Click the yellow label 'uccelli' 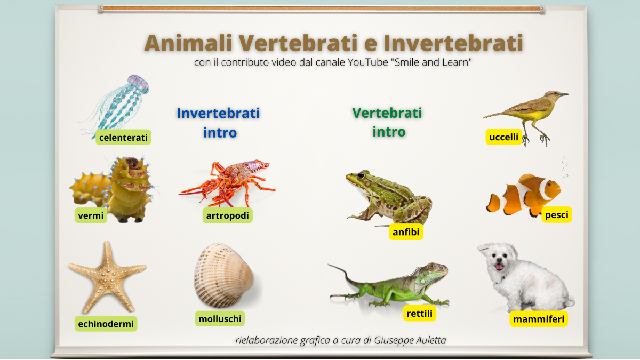[503, 137]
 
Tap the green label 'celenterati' [123, 138]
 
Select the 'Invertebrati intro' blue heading [219, 122]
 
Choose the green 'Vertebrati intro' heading [387, 122]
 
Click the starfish [107, 275]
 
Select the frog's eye [362, 175]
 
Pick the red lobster [229, 181]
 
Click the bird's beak [563, 94]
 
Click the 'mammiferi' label [538, 319]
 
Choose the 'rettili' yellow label [419, 314]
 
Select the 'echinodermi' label [106, 323]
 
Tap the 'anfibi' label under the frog [406, 232]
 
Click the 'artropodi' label [228, 215]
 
